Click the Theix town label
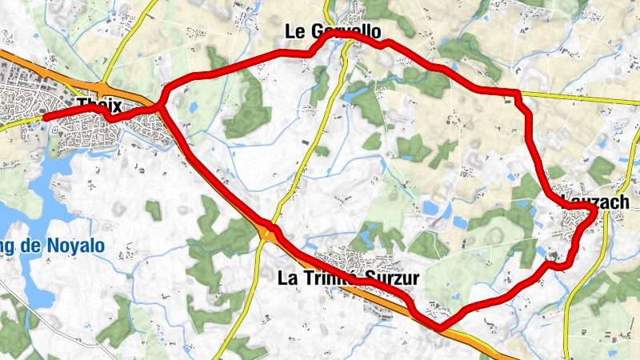click(93, 105)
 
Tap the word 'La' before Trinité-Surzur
click(287, 278)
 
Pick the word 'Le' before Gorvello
click(295, 32)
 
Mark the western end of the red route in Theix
click(45, 118)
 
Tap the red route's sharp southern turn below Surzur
click(437, 326)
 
